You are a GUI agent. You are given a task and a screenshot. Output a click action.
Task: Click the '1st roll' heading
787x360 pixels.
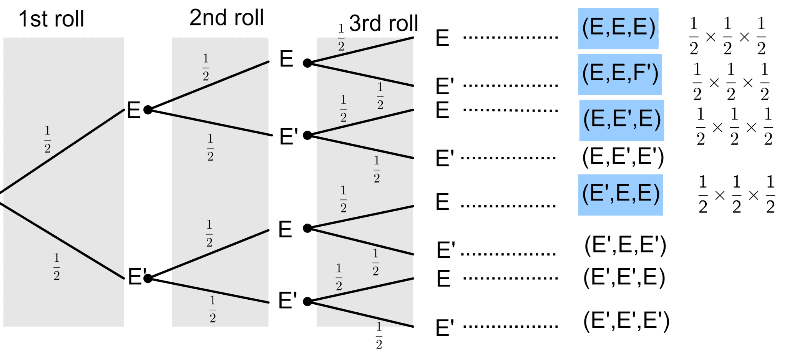click(51, 19)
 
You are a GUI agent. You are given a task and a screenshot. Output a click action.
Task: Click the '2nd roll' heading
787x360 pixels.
click(227, 18)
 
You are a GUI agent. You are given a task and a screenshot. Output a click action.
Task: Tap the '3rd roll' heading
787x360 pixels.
click(384, 23)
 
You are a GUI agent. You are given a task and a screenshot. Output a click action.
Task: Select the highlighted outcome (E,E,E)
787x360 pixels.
click(618, 28)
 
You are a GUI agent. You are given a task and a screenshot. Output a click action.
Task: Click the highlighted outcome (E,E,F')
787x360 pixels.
click(620, 74)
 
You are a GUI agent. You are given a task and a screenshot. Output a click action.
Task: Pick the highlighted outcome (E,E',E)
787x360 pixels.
click(621, 120)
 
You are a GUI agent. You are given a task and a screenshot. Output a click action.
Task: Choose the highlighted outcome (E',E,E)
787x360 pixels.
click(621, 194)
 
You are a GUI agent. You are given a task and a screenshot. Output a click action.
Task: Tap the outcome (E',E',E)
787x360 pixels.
click(624, 277)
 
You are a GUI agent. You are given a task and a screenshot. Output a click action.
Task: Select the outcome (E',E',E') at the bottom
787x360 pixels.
click(626, 321)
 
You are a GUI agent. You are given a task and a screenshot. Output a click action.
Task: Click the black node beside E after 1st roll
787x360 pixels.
click(148, 110)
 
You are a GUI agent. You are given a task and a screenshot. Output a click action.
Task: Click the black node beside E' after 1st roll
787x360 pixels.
click(148, 278)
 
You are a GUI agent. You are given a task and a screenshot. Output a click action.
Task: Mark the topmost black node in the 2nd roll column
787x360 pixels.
click(307, 63)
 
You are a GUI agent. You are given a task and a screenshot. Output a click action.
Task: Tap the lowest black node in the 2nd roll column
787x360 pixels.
click(307, 302)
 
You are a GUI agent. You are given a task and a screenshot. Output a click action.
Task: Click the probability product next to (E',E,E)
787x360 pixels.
click(736, 194)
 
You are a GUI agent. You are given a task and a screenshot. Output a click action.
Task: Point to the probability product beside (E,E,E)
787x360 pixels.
click(727, 36)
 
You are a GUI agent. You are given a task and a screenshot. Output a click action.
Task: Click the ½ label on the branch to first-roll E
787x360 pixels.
click(47, 139)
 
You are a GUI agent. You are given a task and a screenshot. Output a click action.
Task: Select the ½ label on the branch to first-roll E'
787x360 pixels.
click(56, 267)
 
